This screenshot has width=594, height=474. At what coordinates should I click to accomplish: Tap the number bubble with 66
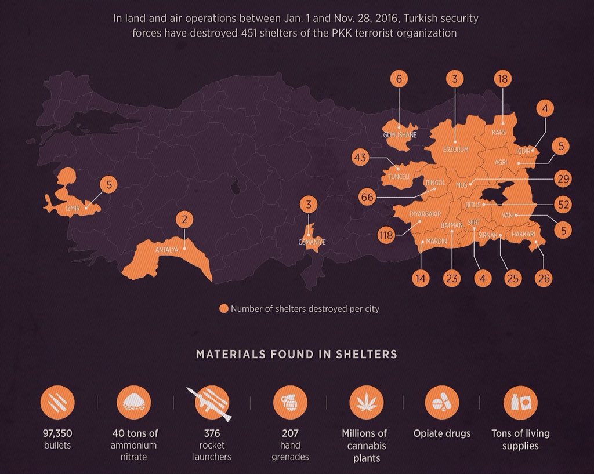click(367, 196)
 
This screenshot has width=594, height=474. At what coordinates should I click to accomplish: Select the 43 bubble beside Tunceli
click(361, 158)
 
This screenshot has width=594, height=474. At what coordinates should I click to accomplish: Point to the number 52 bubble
click(562, 204)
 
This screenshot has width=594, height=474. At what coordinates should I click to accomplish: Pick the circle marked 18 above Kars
click(502, 79)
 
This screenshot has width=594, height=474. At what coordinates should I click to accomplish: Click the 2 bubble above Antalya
click(184, 220)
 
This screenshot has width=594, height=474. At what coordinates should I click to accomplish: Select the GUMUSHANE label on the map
click(400, 135)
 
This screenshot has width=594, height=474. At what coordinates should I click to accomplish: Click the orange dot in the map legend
click(223, 309)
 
